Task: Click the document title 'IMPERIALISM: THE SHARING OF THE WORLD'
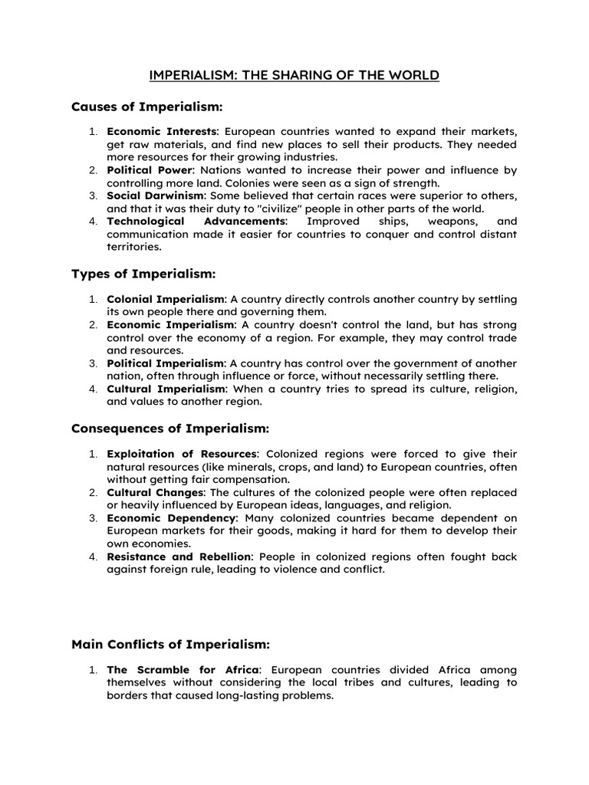coord(294,75)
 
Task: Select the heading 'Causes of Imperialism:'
coord(146,106)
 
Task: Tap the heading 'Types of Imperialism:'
coord(143,274)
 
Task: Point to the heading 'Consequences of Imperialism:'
coord(170,428)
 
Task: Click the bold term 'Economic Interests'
coord(163,132)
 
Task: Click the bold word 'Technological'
coord(150,221)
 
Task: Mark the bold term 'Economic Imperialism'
coord(169,325)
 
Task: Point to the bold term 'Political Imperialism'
coord(166,363)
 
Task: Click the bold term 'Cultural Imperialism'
coord(166,389)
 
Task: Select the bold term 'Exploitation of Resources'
coord(183,454)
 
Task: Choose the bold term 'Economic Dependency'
coord(170,517)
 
